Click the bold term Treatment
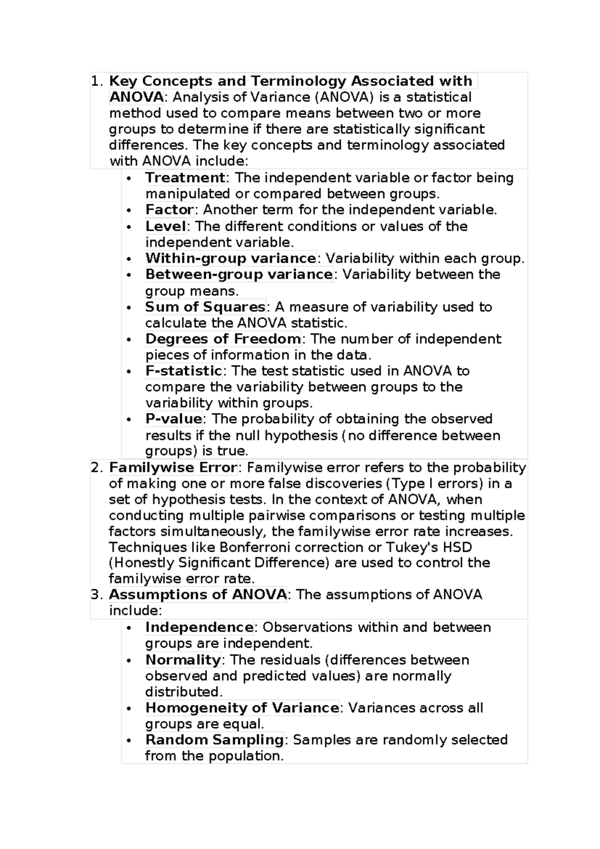coord(185,178)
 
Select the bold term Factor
coord(169,210)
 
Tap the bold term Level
coord(165,226)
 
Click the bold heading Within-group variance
coord(230,258)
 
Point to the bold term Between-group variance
coord(238,274)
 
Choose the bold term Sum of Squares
coord(205,307)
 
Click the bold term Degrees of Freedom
coord(223,339)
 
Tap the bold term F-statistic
coord(183,371)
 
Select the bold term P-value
coord(173,418)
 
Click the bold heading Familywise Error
coord(172,468)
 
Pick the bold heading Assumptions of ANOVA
coord(197,595)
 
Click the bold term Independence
coord(199,627)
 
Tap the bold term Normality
coord(182,660)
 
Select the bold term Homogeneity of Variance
coord(242,708)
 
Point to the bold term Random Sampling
coord(214,740)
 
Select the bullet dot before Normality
coord(129,661)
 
